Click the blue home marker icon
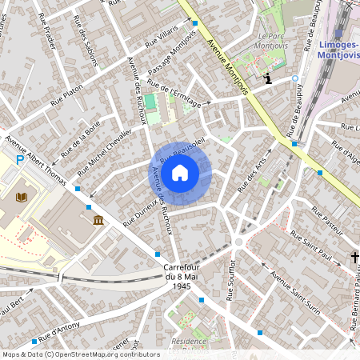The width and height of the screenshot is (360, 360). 180,172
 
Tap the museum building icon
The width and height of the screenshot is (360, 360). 98,220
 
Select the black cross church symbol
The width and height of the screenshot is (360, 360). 354,258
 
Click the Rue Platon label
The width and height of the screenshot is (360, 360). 66,96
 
